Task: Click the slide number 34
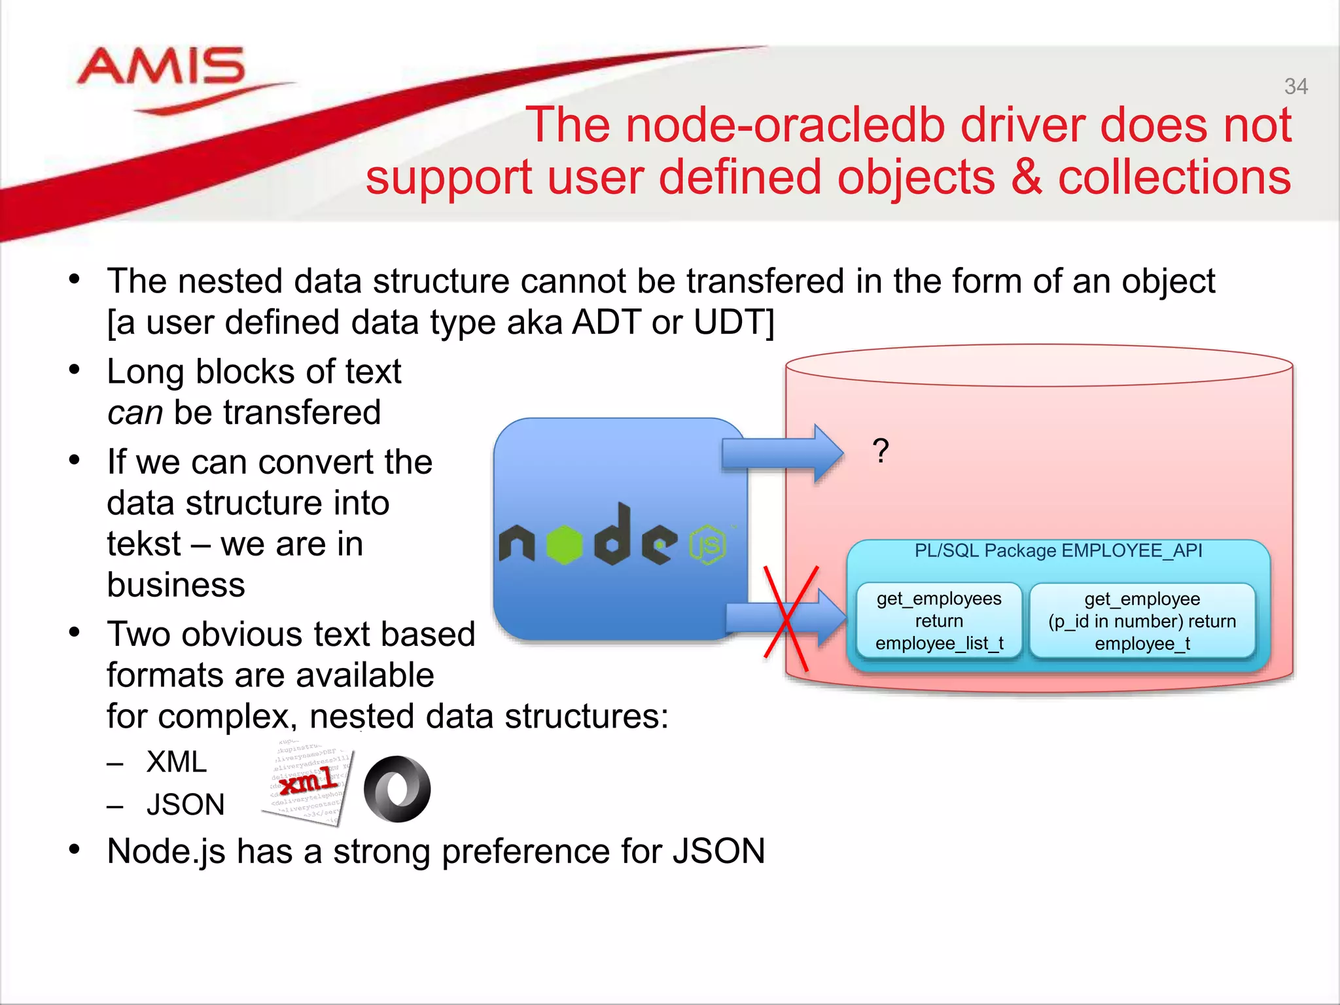pos(1296,86)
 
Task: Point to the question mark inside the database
pos(881,451)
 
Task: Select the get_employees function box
pos(938,620)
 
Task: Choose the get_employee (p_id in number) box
pos(1142,620)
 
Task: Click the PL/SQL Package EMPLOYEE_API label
pos(1058,550)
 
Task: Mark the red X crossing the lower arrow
pos(790,618)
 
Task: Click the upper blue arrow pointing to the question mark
pos(782,453)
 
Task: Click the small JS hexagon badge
pos(707,544)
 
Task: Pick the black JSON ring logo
pos(397,788)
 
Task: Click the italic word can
pos(135,413)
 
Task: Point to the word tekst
pos(143,544)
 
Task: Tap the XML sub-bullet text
pos(177,762)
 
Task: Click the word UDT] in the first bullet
pos(733,322)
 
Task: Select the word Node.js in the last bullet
pos(166,851)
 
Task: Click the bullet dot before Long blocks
pos(75,370)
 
